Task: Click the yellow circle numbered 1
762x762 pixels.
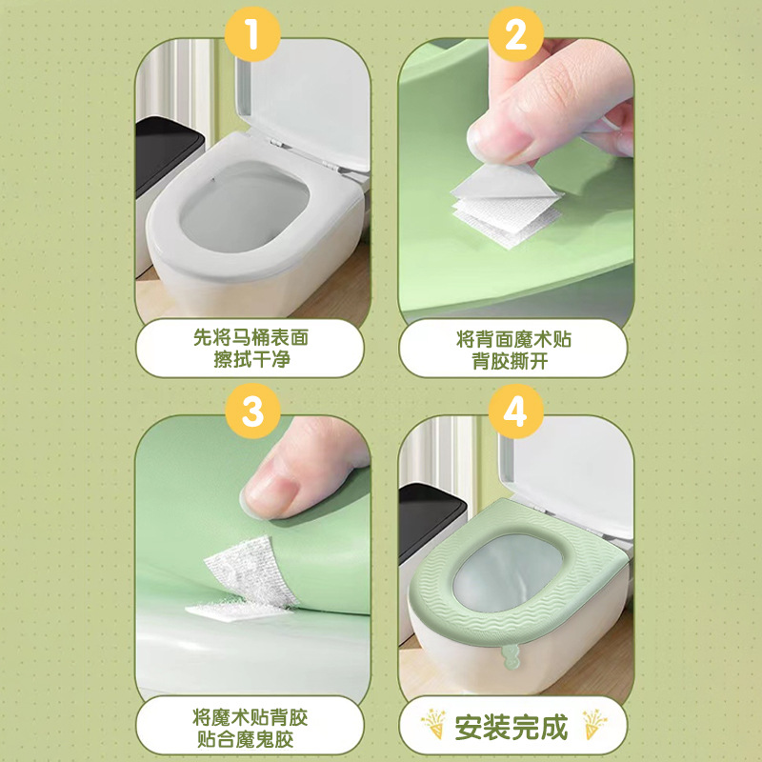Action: coord(252,34)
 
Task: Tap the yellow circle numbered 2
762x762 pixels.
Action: coord(515,34)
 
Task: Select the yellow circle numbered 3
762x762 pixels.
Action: coord(252,411)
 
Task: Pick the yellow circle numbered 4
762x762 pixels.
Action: coord(515,411)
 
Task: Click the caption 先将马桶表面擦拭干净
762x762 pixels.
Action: coord(251,348)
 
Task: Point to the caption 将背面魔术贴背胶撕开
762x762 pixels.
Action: coord(513,349)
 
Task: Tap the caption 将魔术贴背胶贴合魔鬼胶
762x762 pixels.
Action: coord(250,728)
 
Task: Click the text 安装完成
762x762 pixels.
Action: coord(511,728)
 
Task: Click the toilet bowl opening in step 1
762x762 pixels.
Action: coord(244,207)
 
